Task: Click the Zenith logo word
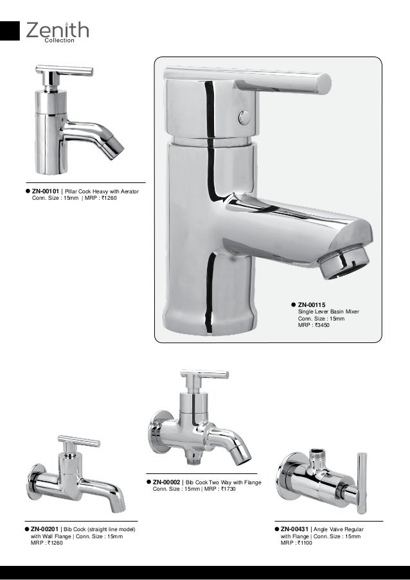57,30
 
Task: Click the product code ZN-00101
46,191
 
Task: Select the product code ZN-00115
312,304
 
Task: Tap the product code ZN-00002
167,482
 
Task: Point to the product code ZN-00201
45,529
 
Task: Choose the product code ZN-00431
295,529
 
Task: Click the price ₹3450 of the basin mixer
319,326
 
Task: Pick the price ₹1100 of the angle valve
304,543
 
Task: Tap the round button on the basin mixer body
244,118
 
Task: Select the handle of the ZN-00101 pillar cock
64,70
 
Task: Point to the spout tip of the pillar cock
114,148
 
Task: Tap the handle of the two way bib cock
204,374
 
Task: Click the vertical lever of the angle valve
362,482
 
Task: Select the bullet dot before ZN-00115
293,304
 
